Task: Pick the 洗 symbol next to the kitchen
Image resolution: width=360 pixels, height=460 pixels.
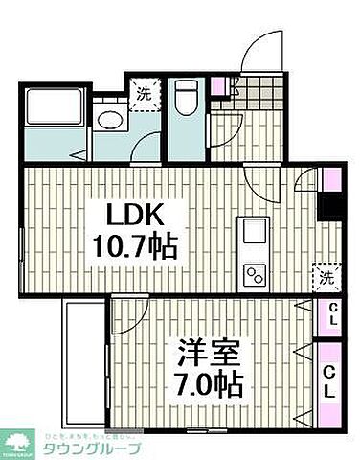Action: click(326, 279)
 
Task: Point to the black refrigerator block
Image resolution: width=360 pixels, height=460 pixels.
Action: click(331, 206)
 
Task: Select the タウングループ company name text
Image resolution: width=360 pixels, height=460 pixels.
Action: click(91, 449)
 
